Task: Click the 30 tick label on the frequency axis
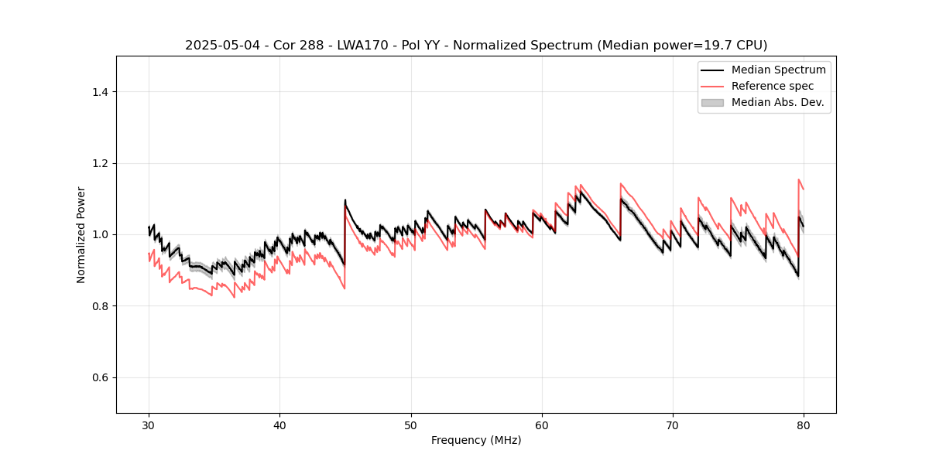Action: [x=149, y=425]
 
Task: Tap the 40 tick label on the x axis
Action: [x=279, y=425]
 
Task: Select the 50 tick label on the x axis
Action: [x=411, y=425]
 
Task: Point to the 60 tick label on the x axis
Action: [x=542, y=425]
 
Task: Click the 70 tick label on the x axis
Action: [x=673, y=425]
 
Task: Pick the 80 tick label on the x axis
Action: [x=804, y=425]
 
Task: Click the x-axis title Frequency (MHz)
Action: [x=476, y=440]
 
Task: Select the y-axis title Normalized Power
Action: [x=81, y=234]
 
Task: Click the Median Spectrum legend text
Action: [x=778, y=70]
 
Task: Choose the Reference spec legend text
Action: [x=773, y=86]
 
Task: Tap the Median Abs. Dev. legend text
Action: [x=777, y=102]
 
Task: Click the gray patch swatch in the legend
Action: [x=712, y=102]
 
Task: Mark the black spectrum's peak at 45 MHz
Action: [x=345, y=200]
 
